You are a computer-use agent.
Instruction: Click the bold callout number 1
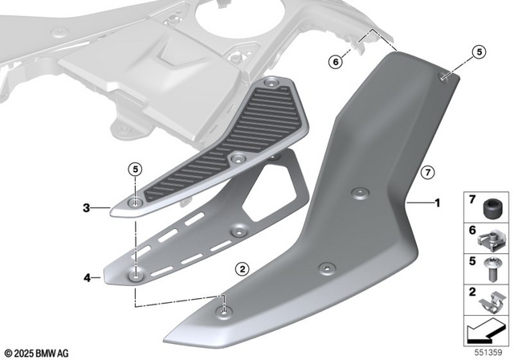click(437, 203)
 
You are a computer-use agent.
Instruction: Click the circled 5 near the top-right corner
click(479, 52)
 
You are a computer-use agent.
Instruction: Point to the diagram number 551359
click(491, 352)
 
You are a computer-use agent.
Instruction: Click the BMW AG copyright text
click(37, 352)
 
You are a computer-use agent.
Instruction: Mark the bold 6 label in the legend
click(471, 229)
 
